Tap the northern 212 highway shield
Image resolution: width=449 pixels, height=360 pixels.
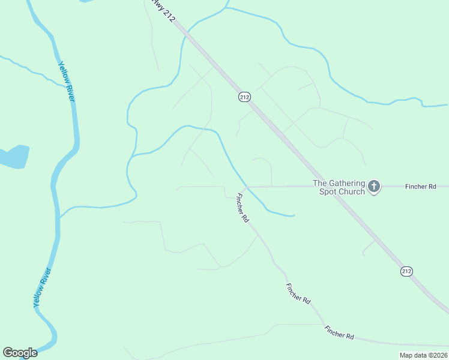244,96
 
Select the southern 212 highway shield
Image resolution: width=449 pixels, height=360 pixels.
406,271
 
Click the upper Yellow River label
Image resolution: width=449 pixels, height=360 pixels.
66,80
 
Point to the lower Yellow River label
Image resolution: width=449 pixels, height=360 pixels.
43,287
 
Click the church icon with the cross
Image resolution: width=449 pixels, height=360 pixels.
374,187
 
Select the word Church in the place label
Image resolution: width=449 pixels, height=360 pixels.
351,191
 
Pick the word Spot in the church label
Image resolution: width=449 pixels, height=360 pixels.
328,191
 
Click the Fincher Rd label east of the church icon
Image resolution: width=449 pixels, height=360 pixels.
420,187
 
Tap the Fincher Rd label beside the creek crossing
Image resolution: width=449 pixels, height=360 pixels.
242,208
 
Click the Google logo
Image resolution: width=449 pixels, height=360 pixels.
20,353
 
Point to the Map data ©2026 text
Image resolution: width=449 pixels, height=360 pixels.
423,355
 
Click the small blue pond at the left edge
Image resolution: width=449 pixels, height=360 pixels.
14,157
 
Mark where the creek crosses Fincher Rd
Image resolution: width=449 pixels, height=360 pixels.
247,187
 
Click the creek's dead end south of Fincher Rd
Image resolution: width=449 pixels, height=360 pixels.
294,215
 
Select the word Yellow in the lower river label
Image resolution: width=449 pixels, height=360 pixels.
39,297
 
